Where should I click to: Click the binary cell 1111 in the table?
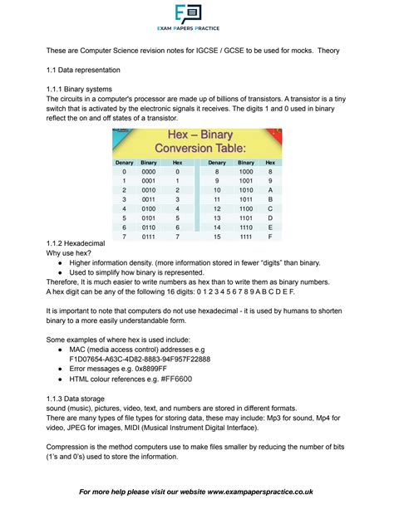click(246, 237)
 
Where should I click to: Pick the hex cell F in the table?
click(270, 237)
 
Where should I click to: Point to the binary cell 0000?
click(149, 172)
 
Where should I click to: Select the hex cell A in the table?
click(270, 189)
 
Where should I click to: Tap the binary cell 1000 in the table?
click(246, 172)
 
